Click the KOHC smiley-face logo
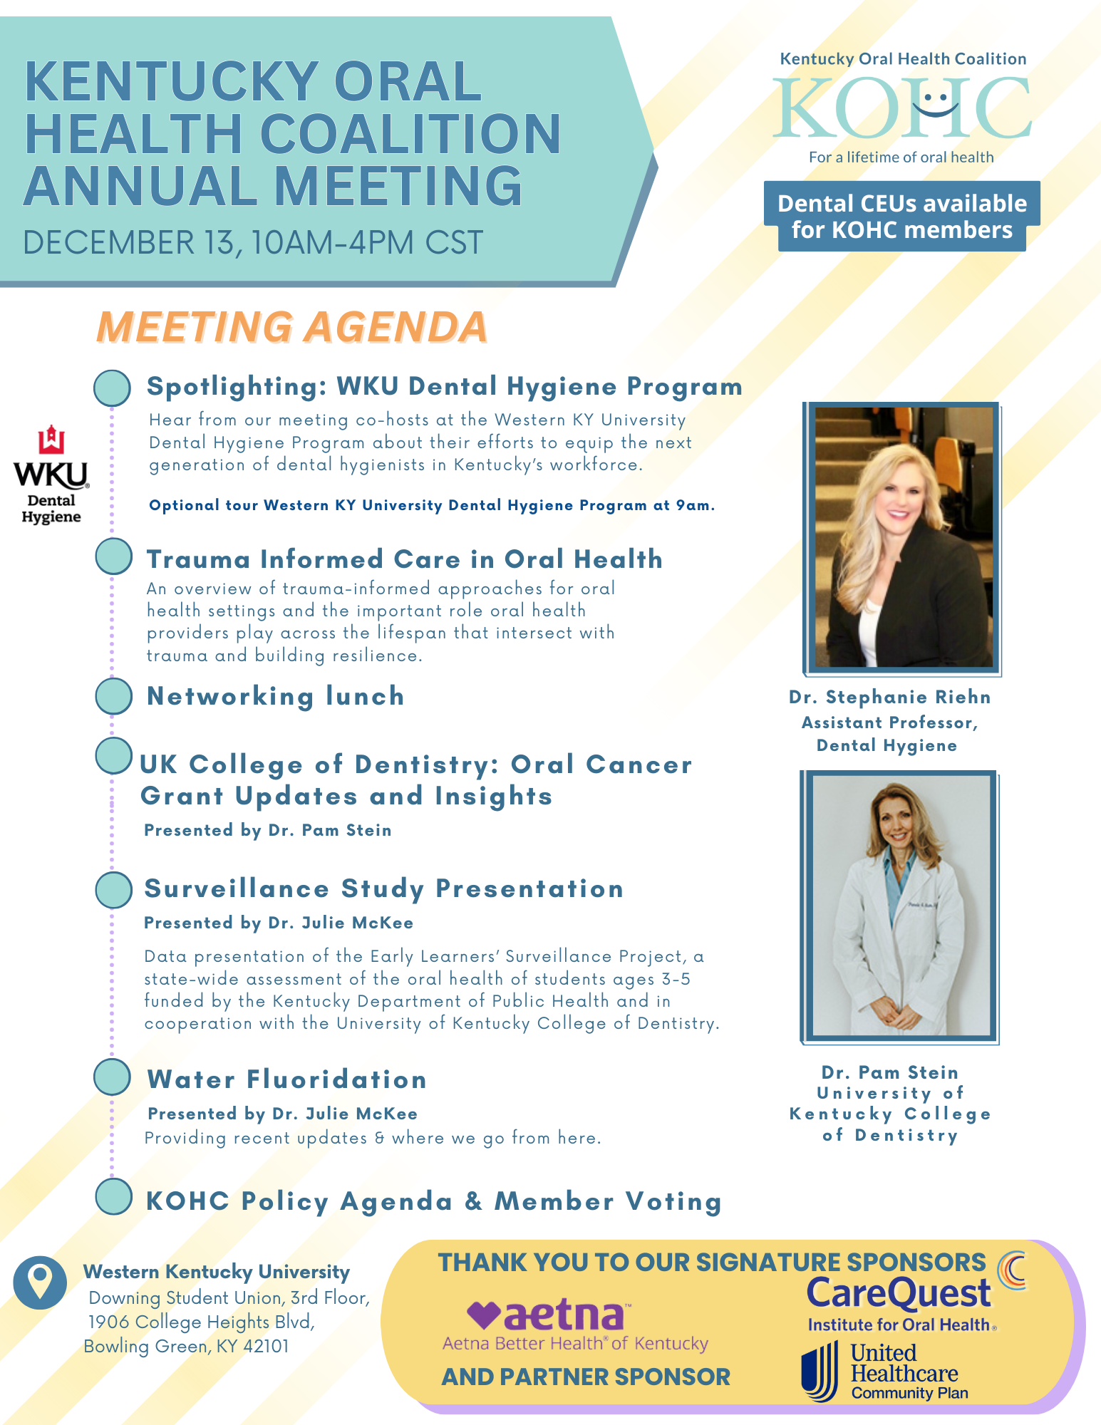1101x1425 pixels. pos(902,108)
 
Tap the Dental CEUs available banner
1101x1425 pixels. pos(901,217)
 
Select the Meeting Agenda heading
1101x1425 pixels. pos(292,327)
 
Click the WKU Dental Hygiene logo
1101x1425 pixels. pos(51,475)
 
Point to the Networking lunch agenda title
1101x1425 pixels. pos(275,696)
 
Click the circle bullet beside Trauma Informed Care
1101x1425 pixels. pos(113,556)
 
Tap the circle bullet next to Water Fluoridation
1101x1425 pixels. pos(112,1077)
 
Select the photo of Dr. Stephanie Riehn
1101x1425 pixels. pos(903,538)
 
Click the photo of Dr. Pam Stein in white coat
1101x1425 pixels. pos(900,905)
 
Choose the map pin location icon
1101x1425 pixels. pos(39,1282)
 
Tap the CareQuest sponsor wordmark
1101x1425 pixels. pos(899,1294)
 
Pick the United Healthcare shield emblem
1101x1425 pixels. pos(820,1372)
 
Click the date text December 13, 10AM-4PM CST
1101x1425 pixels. pos(253,243)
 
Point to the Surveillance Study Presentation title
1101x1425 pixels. pos(383,888)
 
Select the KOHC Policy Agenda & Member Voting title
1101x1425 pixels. pos(433,1201)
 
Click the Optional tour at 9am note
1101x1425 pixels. pos(431,505)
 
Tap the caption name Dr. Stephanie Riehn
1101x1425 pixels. pos(889,697)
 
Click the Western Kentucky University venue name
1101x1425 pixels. pos(217,1272)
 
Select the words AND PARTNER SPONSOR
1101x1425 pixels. pos(585,1377)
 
